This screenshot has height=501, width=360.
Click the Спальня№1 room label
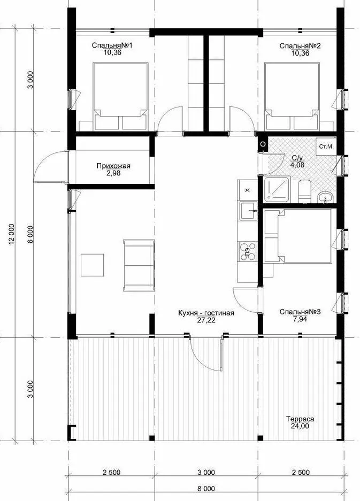point(112,45)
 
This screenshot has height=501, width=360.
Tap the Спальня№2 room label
point(300,46)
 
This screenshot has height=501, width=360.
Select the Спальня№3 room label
point(300,312)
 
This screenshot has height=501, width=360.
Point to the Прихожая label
point(113,166)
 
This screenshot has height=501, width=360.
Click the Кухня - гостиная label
point(206,313)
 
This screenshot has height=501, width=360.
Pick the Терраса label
point(300,419)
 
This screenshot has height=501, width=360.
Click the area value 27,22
point(206,320)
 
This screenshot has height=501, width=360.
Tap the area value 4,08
point(297,165)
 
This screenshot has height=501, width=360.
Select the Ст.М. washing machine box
point(326,147)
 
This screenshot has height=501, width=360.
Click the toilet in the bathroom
point(304,191)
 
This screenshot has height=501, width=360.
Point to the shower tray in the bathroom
point(277,190)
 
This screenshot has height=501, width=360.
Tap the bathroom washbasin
point(325,197)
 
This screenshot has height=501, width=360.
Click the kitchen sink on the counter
point(249,210)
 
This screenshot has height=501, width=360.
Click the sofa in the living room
point(139,266)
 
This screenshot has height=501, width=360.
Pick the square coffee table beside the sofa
point(92,265)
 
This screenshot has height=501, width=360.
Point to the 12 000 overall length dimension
point(12,234)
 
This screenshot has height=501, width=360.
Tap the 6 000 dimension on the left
point(30,234)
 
